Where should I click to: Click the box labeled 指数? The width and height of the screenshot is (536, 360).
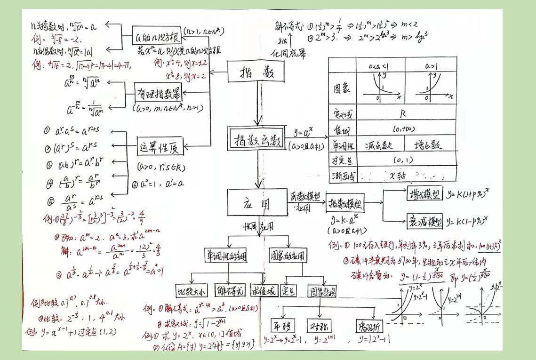[x=250, y=73]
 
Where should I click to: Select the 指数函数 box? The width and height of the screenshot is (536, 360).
[x=257, y=139]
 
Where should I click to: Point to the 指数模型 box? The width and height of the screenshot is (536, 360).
[x=345, y=204]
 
